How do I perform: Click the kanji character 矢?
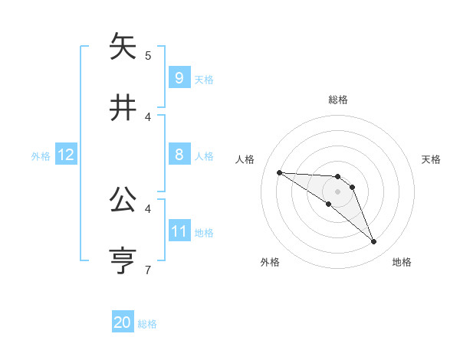coord(123,47)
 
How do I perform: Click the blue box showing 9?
coord(179,77)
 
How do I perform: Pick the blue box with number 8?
coord(179,155)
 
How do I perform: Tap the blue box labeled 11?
coord(179,231)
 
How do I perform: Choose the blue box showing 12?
coord(65,155)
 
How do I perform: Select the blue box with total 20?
coord(123,322)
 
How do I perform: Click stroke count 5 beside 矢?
coord(148,56)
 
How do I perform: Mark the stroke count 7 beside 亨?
coord(148,269)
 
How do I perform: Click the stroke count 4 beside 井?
coord(148,116)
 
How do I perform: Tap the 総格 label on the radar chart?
coord(337,100)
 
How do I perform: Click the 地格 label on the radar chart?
coord(402,262)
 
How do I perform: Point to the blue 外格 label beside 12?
coord(41,156)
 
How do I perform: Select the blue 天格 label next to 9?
coord(204,79)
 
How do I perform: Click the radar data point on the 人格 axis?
coord(279,172)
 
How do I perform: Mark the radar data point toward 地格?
coord(373,242)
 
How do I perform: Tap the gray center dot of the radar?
coord(337,191)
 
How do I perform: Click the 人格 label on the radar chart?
coord(245,159)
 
